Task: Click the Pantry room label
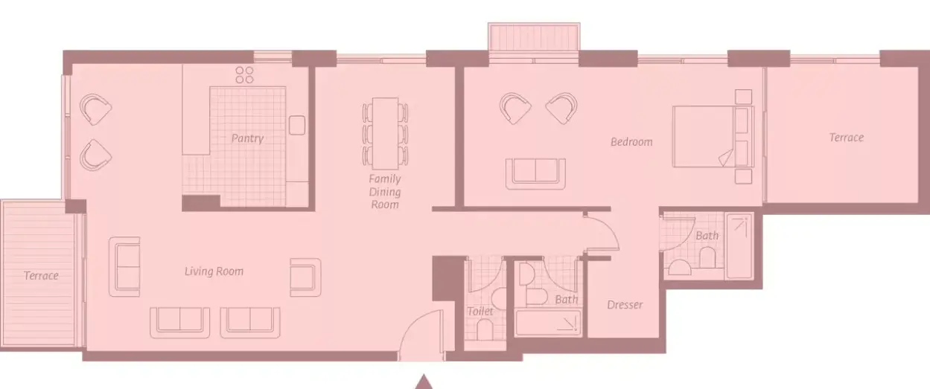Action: click(247, 138)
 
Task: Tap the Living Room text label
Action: click(214, 271)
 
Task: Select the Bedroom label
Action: click(631, 142)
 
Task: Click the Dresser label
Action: click(625, 305)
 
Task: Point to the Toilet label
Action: click(480, 311)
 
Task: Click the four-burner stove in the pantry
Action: click(244, 75)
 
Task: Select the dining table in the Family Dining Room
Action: click(385, 134)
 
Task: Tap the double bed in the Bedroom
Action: click(713, 136)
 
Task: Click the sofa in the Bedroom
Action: click(535, 174)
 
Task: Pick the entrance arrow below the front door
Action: click(424, 382)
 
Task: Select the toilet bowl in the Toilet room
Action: click(485, 329)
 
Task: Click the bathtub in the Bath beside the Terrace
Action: click(739, 246)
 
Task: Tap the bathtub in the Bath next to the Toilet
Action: click(548, 323)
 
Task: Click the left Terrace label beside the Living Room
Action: click(41, 276)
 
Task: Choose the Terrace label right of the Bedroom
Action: click(847, 138)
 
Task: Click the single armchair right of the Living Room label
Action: click(305, 277)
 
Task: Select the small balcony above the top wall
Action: click(534, 37)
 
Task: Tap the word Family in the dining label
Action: click(385, 179)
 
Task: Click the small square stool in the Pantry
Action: click(297, 125)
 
